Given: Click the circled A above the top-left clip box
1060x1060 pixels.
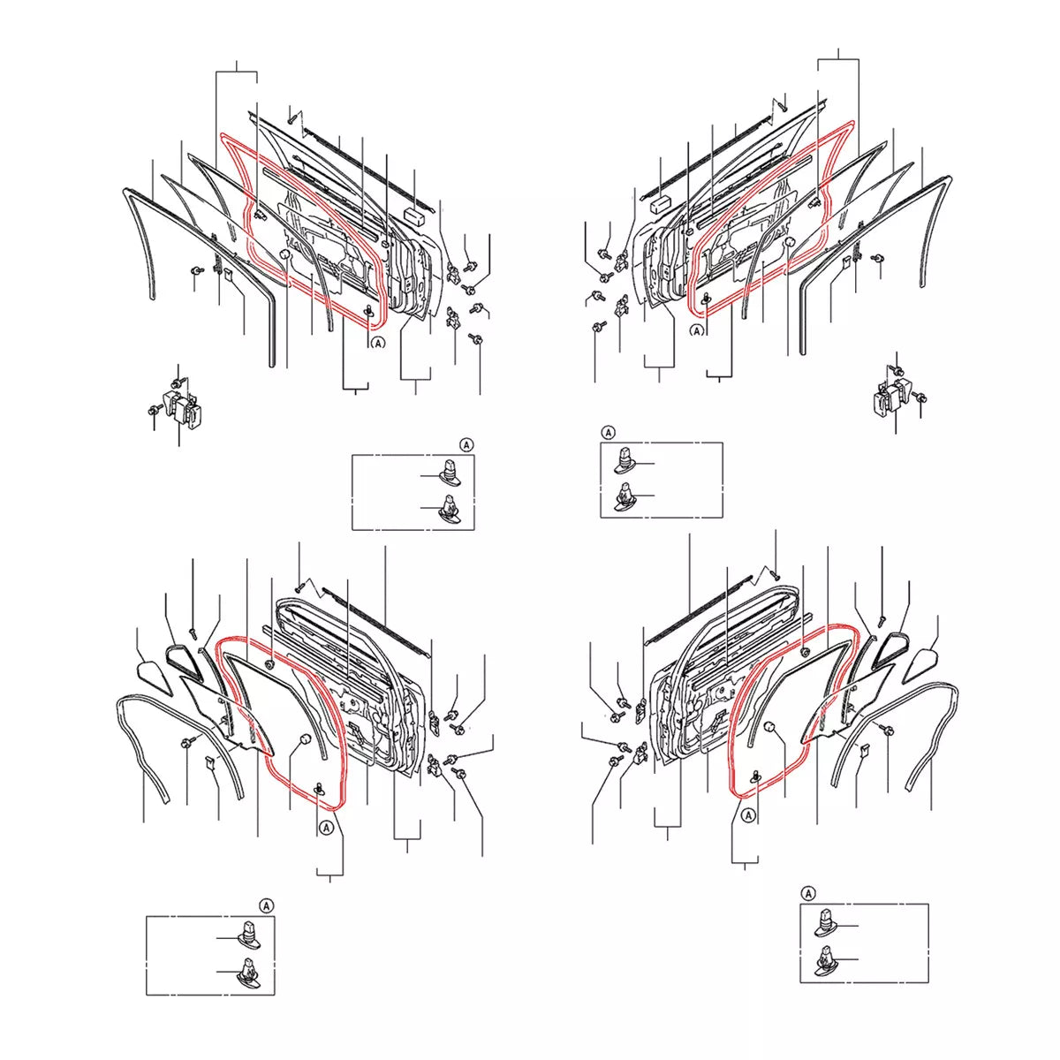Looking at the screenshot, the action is pyautogui.click(x=466, y=444).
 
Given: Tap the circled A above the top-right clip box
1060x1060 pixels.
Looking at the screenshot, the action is pyautogui.click(x=608, y=432).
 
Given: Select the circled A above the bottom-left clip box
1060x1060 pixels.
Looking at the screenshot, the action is pyautogui.click(x=266, y=905).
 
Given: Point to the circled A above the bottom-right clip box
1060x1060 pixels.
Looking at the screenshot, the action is pyautogui.click(x=808, y=893).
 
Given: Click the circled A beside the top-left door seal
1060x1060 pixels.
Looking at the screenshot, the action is pyautogui.click(x=378, y=343).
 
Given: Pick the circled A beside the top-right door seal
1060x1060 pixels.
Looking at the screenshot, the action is pyautogui.click(x=697, y=331).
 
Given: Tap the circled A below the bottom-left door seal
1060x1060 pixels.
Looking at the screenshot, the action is pyautogui.click(x=326, y=827).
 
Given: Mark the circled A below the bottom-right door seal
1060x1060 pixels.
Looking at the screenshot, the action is pyautogui.click(x=748, y=816).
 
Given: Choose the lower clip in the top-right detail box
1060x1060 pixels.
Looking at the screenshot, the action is pyautogui.click(x=625, y=496).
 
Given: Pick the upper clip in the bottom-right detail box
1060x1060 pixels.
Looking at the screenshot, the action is pyautogui.click(x=826, y=923).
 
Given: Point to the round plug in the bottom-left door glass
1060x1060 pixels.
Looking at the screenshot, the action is pyautogui.click(x=304, y=738).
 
